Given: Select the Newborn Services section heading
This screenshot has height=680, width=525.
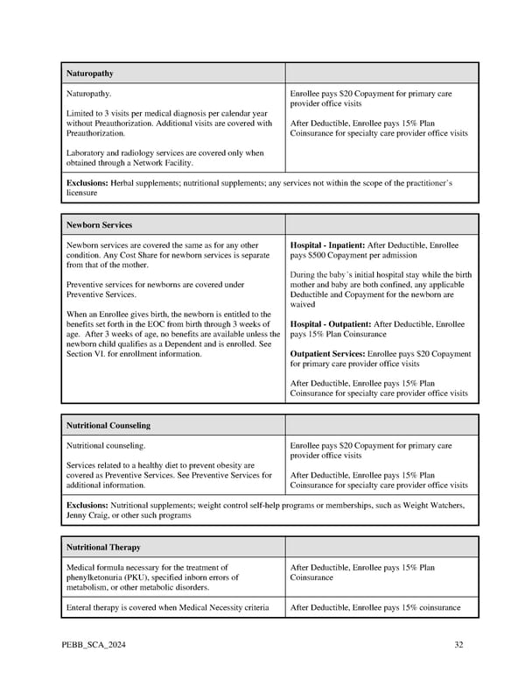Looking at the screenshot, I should [x=99, y=225].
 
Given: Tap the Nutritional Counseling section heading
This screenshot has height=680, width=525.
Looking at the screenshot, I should [x=108, y=425].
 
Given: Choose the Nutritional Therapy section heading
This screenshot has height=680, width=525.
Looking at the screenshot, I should [x=103, y=547].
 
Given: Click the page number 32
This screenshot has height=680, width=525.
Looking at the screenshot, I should [x=458, y=646].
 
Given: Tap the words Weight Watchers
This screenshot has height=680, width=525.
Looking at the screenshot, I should [x=430, y=506].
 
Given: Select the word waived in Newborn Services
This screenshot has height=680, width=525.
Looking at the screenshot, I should [x=302, y=305].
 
